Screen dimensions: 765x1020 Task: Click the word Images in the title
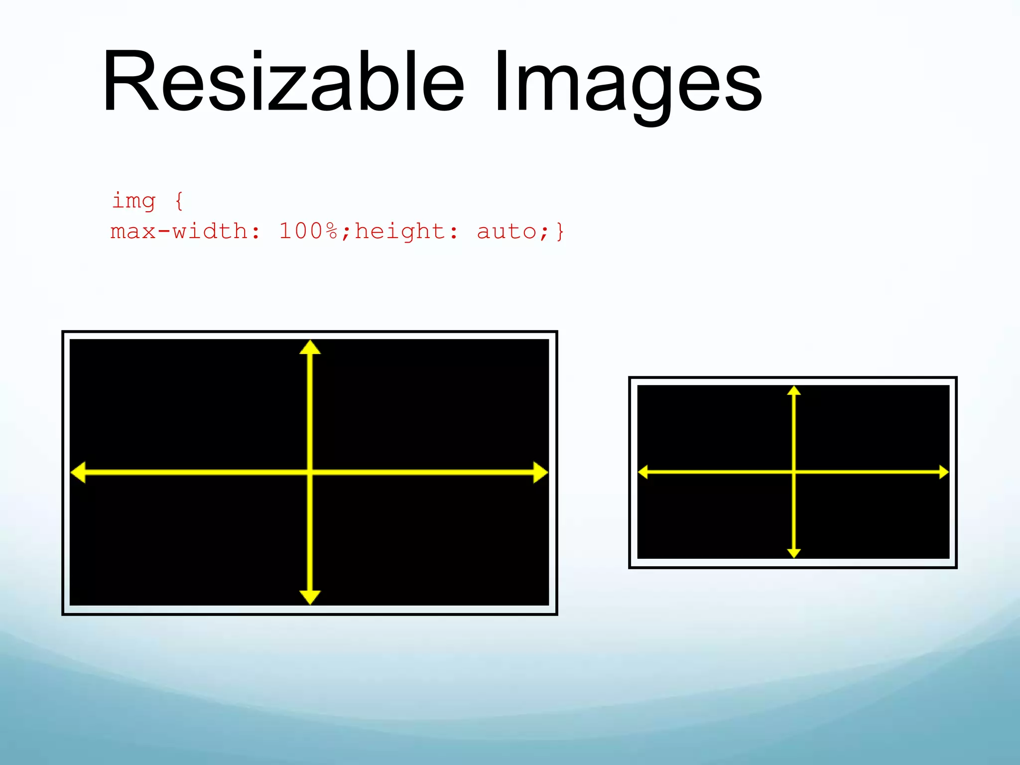[628, 85]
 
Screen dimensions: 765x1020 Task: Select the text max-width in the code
[179, 232]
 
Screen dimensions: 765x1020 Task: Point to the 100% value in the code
[308, 232]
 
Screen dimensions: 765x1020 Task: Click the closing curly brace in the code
[560, 232]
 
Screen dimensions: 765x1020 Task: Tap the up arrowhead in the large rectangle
[310, 348]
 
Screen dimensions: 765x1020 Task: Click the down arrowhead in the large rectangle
[310, 597]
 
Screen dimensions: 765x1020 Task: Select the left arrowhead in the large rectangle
[78, 472]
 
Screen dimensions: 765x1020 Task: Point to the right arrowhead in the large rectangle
[540, 472]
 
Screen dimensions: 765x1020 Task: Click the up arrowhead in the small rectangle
[794, 390]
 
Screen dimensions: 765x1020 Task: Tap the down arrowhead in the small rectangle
[794, 553]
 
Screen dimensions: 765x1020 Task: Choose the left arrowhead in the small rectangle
[643, 472]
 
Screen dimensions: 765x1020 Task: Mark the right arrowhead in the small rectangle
[944, 472]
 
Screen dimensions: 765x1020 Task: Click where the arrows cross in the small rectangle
[794, 472]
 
